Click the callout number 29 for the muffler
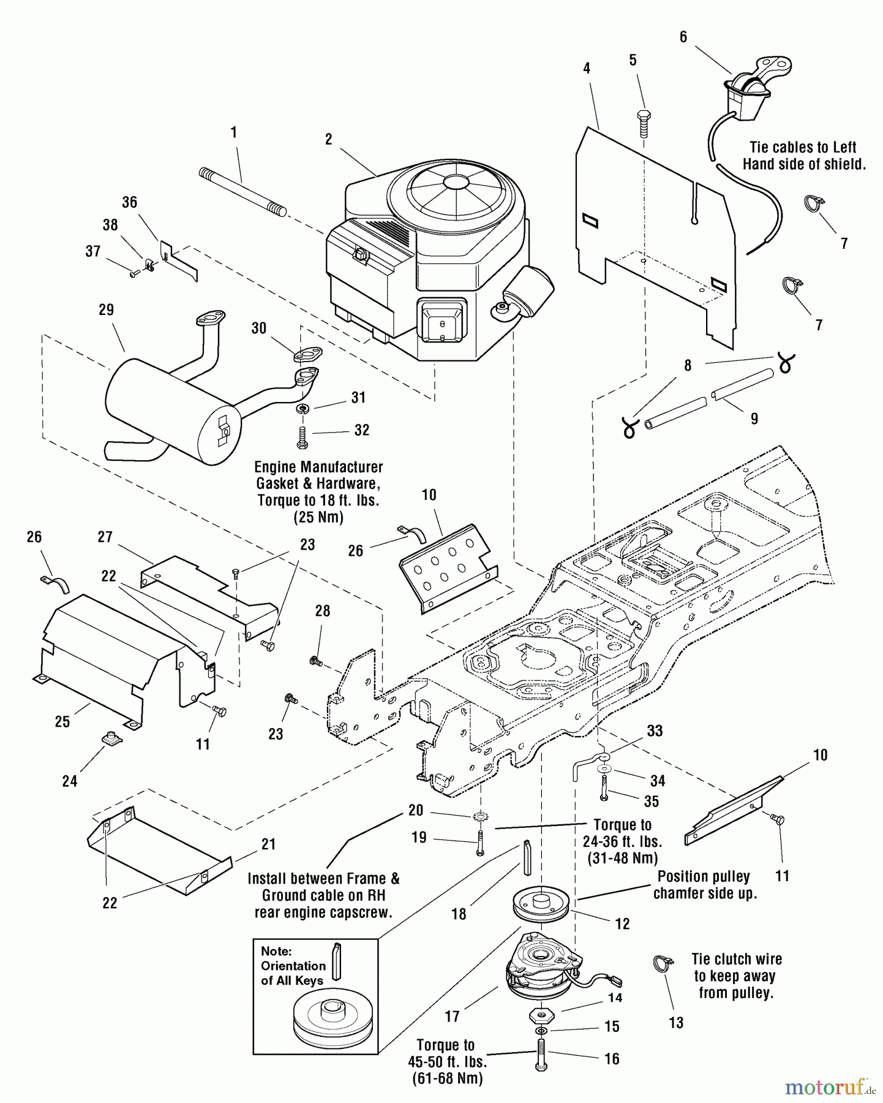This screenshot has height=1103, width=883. pyautogui.click(x=106, y=309)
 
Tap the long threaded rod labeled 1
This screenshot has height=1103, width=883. pyautogui.click(x=242, y=192)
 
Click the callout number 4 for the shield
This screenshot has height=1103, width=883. pyautogui.click(x=586, y=69)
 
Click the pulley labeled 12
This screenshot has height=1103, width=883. pyautogui.click(x=541, y=906)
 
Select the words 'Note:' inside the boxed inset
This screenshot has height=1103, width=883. pyautogui.click(x=277, y=951)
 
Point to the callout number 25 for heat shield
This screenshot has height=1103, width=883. pyautogui.click(x=62, y=721)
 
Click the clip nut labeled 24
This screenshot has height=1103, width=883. pyautogui.click(x=111, y=740)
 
